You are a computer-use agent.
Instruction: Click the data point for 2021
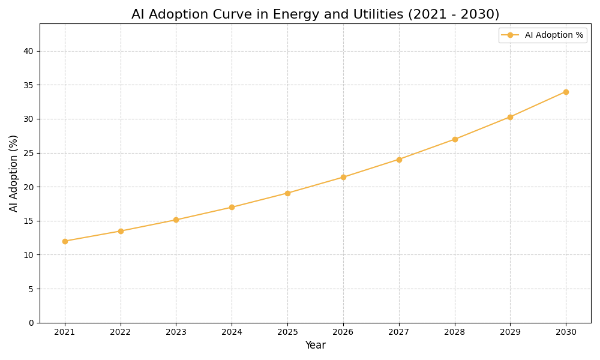[65, 241]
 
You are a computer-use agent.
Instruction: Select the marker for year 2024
[232, 207]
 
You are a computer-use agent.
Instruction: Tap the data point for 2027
[399, 160]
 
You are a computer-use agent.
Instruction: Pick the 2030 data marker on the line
[566, 92]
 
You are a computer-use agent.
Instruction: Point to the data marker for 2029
[510, 117]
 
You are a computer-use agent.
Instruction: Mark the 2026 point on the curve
[343, 177]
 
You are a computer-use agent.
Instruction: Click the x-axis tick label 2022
[121, 332]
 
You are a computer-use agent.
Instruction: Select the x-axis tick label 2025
[287, 332]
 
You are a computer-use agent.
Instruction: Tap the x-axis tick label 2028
[455, 332]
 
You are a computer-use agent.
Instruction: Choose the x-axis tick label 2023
[176, 332]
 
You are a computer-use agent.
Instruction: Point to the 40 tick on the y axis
[29, 51]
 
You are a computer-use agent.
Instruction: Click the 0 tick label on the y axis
[31, 323]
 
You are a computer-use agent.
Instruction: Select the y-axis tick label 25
[29, 153]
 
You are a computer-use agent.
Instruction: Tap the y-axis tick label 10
[29, 255]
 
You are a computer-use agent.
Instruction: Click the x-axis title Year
[315, 346]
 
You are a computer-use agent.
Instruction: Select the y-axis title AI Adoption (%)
[14, 173]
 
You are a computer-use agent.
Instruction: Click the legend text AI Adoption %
[554, 35]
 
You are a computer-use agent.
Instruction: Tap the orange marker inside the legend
[511, 35]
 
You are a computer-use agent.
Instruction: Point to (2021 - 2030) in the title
[454, 14]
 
